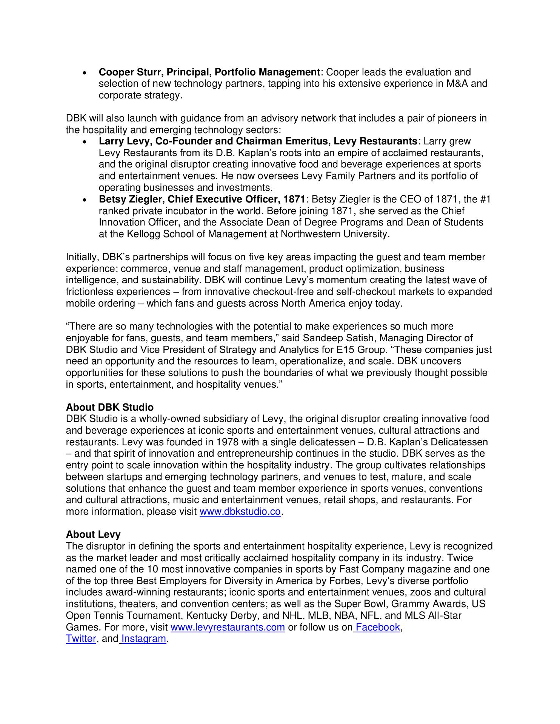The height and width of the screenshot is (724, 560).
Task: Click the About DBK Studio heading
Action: [109, 407]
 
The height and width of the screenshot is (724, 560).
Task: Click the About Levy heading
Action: [93, 534]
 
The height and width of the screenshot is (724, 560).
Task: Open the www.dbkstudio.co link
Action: [240, 512]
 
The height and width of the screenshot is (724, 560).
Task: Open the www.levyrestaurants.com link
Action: [228, 627]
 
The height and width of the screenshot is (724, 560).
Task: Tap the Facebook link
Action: [377, 627]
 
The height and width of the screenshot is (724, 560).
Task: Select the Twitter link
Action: [81, 639]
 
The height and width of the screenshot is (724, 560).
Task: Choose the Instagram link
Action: [143, 639]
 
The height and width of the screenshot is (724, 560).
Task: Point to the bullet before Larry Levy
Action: [85, 142]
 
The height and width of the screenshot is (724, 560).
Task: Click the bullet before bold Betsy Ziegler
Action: [85, 200]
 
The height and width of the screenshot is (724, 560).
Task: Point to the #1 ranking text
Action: [486, 199]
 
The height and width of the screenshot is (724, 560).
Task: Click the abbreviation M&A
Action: [457, 83]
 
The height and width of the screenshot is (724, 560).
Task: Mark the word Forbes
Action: [393, 581]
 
